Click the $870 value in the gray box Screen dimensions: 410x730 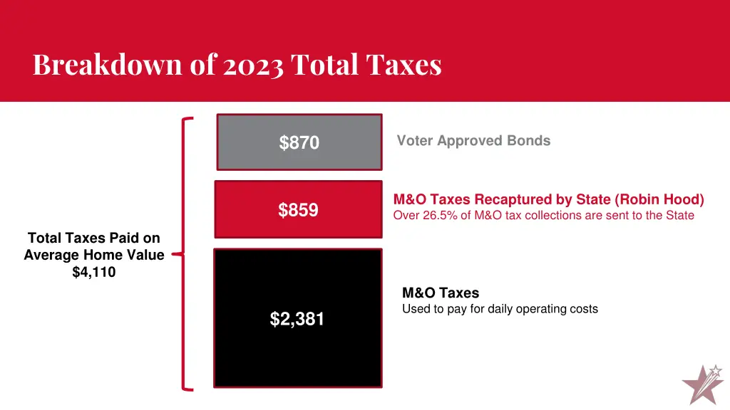click(x=299, y=143)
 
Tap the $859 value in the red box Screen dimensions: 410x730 click(x=298, y=210)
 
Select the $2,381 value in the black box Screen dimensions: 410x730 click(x=297, y=320)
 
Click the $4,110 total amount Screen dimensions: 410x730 click(x=93, y=271)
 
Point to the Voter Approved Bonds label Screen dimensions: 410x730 click(x=473, y=141)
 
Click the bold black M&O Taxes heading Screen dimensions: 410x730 click(x=441, y=293)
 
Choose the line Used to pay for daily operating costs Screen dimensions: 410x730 click(x=500, y=309)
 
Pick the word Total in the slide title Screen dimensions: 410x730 click(x=324, y=65)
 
